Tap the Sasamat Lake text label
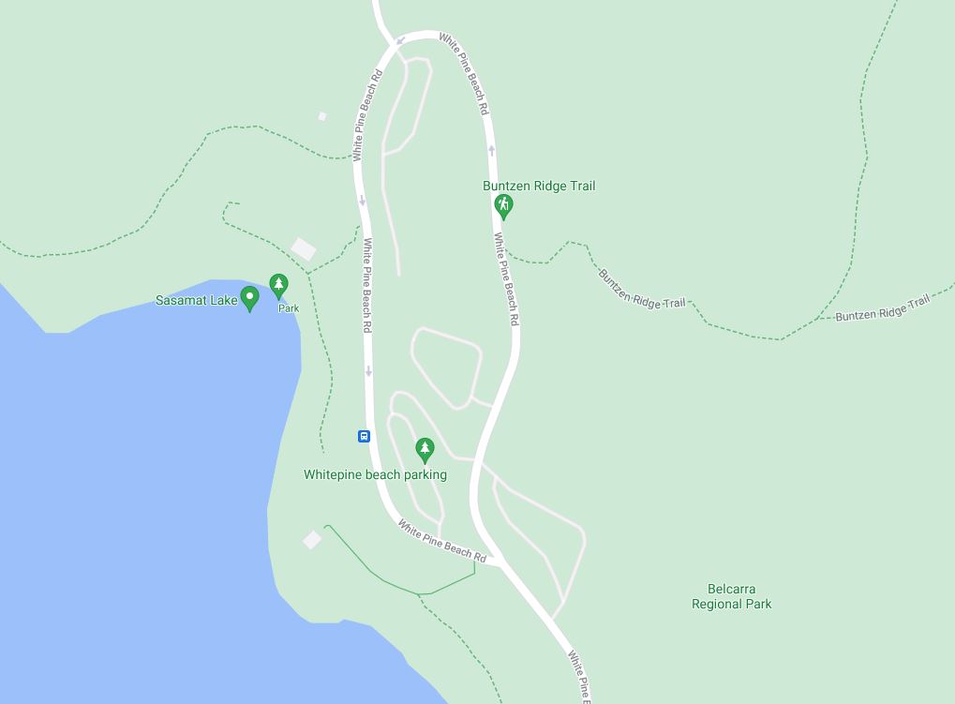click(196, 301)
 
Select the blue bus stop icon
click(364, 436)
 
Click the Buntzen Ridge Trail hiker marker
click(503, 206)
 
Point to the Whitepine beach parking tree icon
click(425, 451)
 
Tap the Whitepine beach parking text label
click(375, 474)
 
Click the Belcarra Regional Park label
click(731, 596)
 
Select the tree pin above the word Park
click(278, 285)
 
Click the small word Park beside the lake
click(288, 308)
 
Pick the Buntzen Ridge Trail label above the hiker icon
click(539, 186)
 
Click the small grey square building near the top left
click(322, 116)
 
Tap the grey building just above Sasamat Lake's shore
click(304, 248)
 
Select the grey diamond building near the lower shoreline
click(312, 540)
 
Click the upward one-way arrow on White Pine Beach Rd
click(491, 150)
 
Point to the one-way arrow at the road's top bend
click(401, 40)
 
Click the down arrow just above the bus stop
click(368, 371)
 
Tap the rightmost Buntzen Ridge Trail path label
click(882, 307)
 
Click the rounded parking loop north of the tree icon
click(446, 367)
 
